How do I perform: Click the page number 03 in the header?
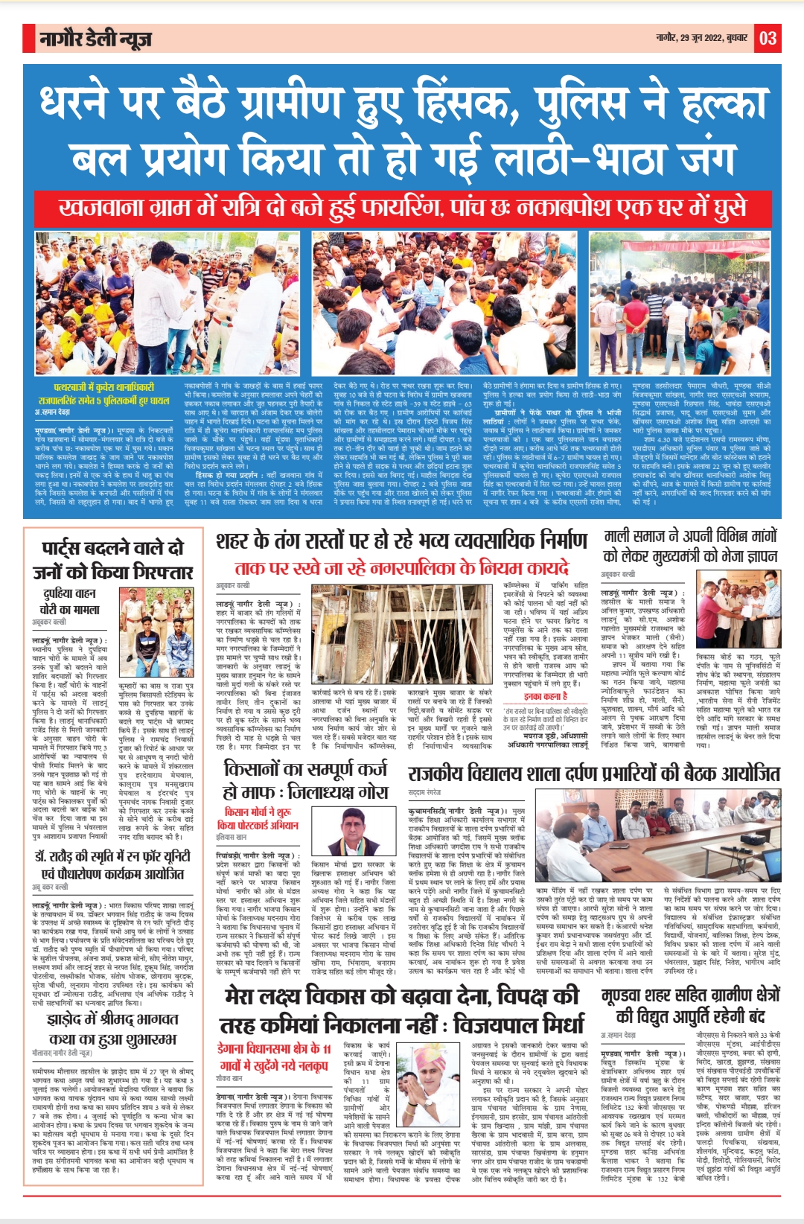click(768, 38)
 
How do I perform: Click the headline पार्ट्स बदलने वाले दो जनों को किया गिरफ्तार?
click(112, 560)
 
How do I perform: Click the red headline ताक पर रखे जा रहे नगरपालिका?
click(402, 568)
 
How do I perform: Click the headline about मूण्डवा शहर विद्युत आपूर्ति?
click(690, 1005)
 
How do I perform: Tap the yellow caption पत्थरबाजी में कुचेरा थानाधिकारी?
click(103, 394)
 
